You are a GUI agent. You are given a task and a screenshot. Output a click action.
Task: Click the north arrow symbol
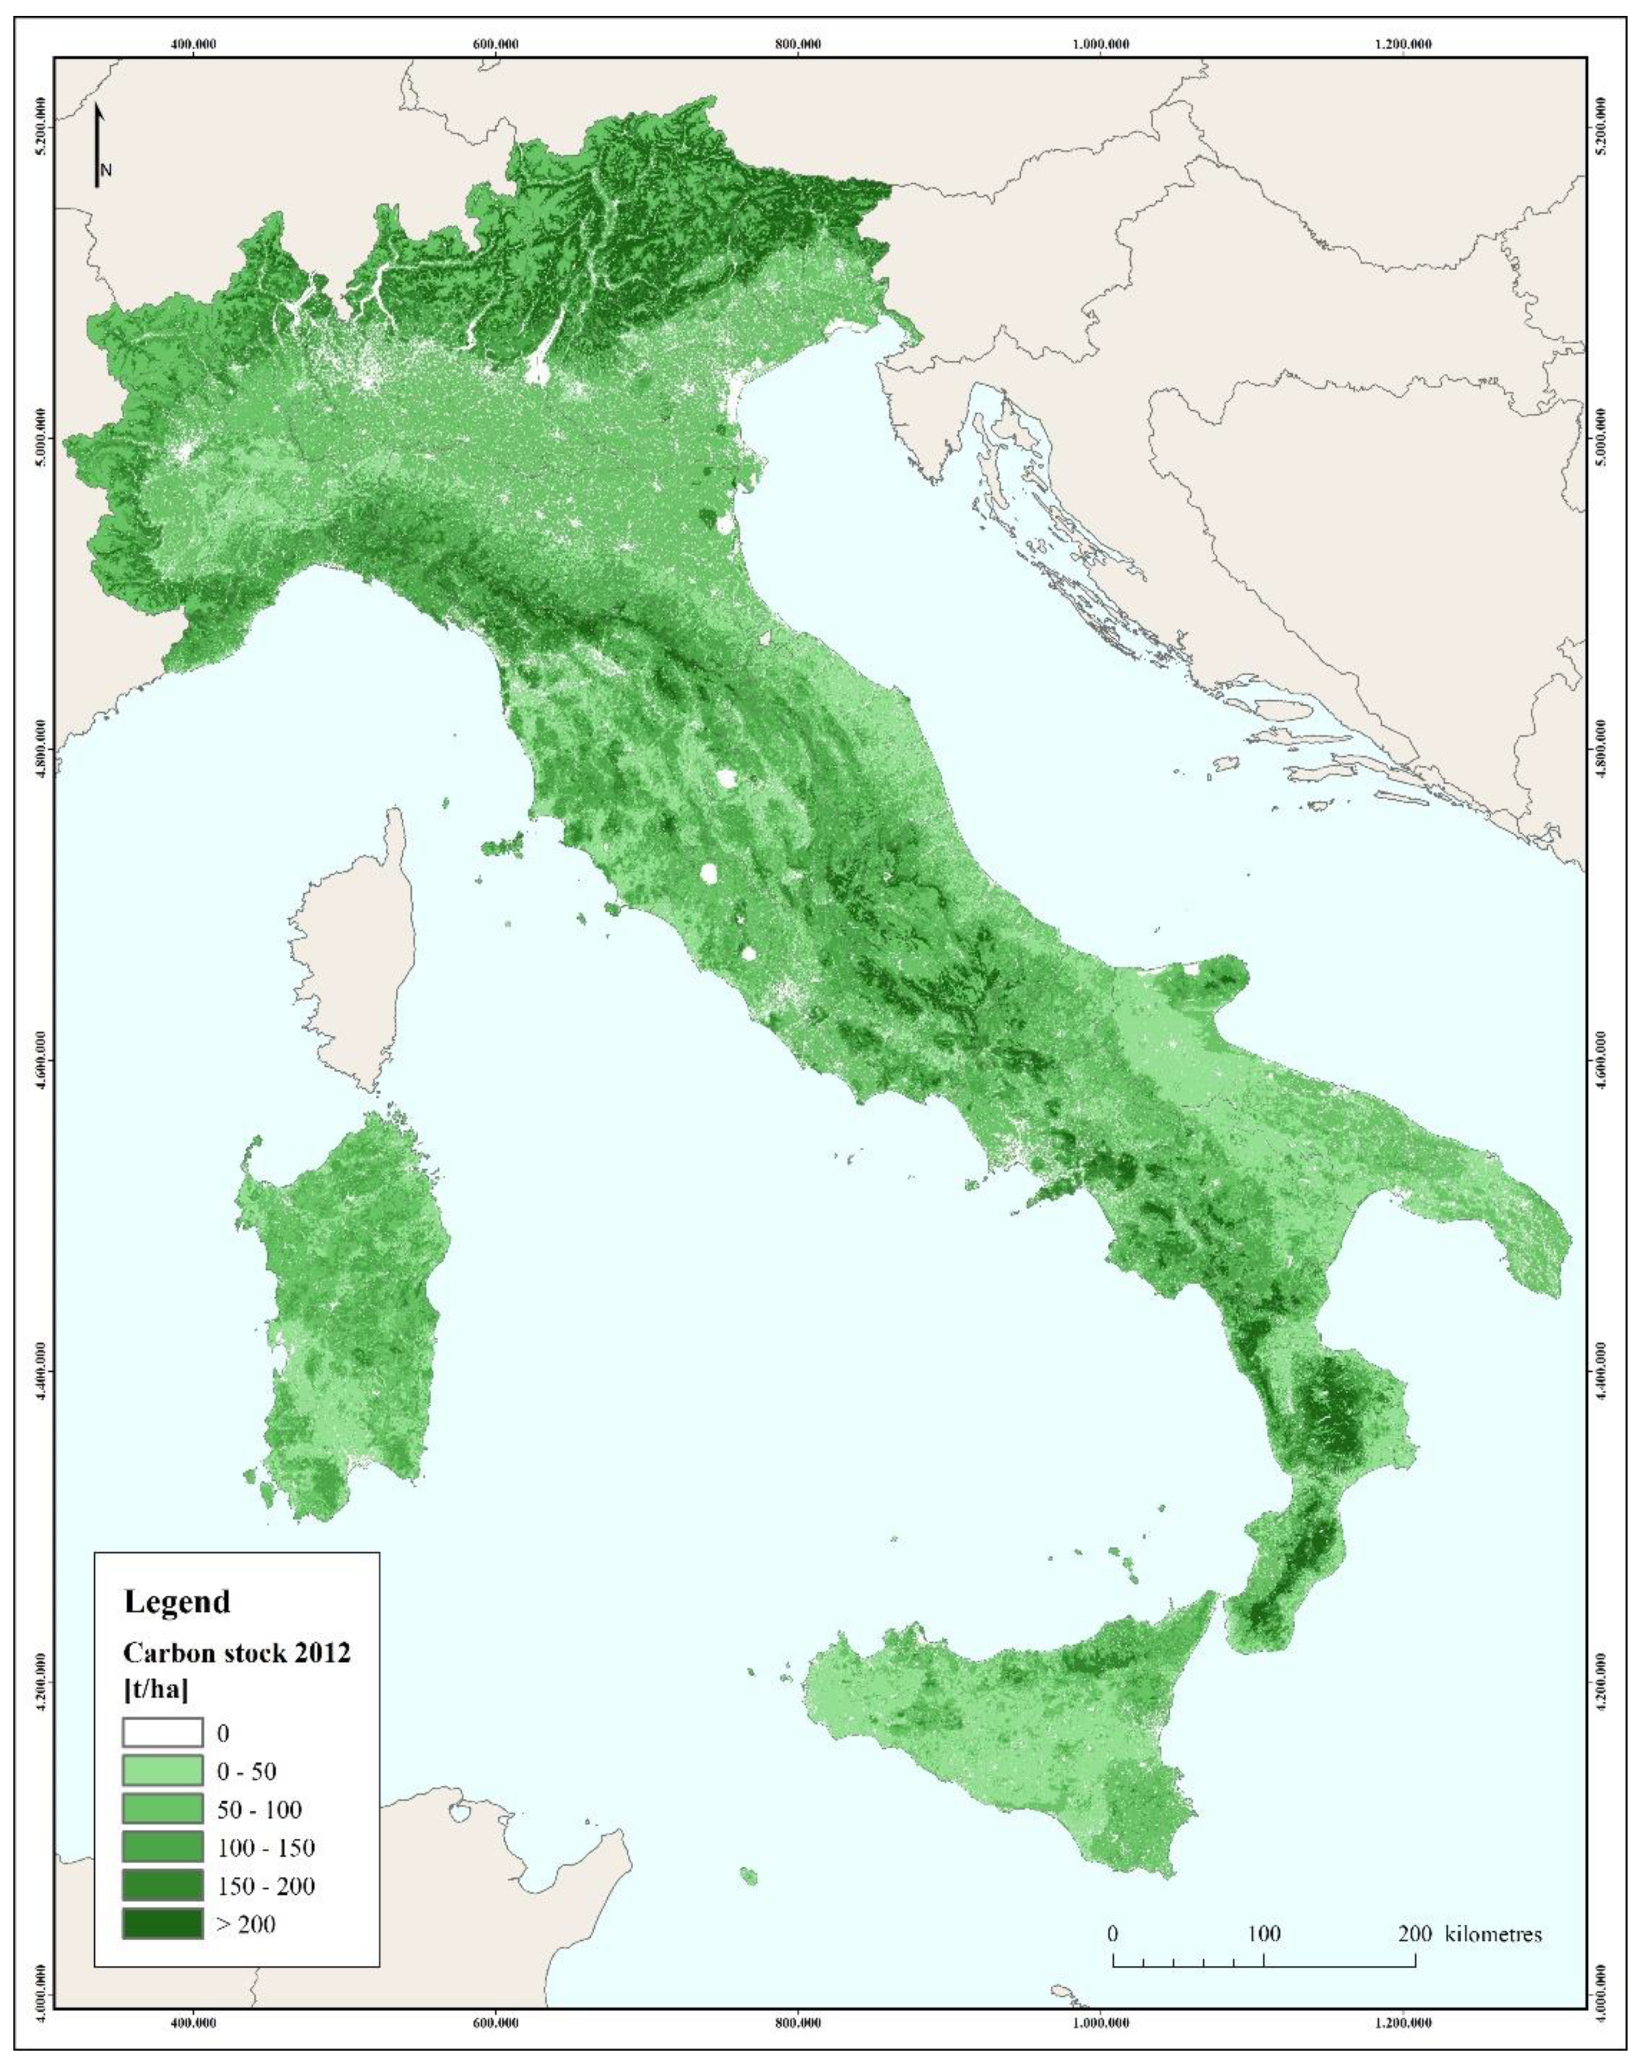tap(99, 146)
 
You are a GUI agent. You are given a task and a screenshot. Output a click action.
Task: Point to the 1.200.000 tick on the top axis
tap(1402, 44)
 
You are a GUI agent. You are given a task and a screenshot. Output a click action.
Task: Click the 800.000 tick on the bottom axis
tap(798, 2023)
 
